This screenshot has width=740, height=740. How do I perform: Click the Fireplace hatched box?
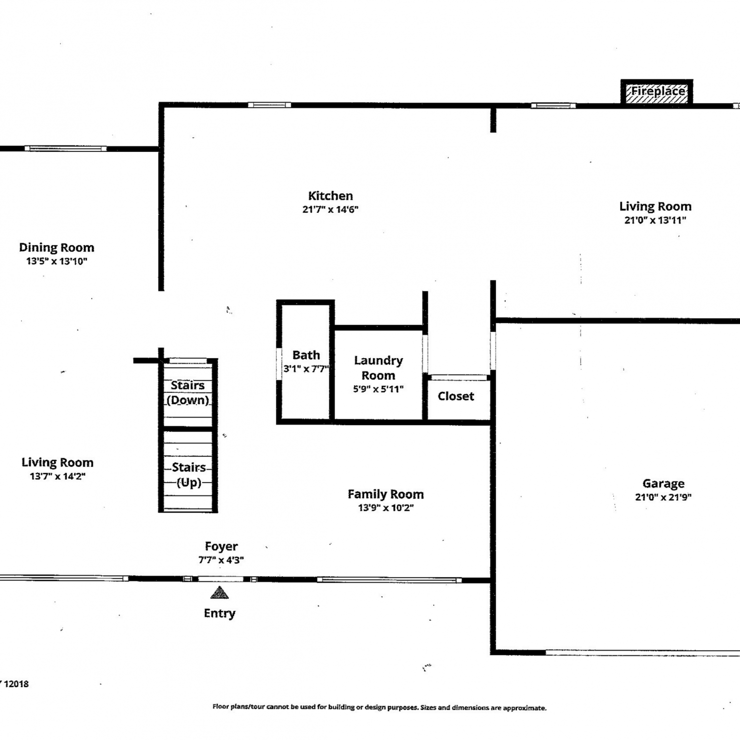coord(657,92)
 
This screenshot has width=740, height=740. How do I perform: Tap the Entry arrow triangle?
coord(220,592)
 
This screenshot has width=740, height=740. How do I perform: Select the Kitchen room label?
coord(331,196)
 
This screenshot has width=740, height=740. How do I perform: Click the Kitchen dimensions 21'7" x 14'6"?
coord(331,209)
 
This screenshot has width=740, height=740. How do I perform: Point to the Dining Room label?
coord(57,248)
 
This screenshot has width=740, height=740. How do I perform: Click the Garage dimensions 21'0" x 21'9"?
coord(664,497)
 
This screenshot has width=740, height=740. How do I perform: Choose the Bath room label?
coord(306,355)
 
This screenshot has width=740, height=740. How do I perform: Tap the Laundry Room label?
coord(378,368)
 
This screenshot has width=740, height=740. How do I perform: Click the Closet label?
coord(456,396)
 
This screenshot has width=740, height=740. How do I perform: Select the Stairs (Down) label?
coord(188,393)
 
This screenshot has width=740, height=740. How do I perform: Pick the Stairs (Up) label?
coord(189,475)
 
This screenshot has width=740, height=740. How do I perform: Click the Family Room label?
coord(386,494)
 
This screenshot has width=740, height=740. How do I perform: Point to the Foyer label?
coord(222,547)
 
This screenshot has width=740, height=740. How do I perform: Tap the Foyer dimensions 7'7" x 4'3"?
coord(221,560)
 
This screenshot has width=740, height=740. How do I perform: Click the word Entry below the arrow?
coord(220,613)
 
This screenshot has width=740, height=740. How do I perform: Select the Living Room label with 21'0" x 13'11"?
coord(656,207)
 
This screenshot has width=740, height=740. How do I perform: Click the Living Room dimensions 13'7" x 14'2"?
coord(58,477)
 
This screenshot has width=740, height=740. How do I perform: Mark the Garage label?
coord(664,483)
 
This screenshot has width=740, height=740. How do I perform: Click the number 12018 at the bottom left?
coord(16,684)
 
